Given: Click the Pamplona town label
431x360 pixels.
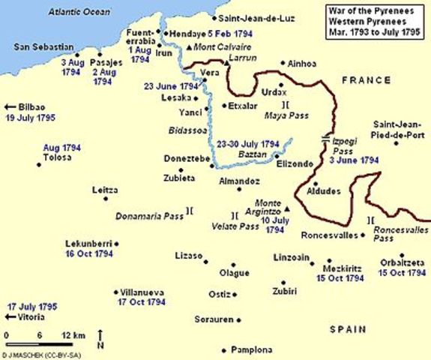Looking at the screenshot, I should (x=250, y=350).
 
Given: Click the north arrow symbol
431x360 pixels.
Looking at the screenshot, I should (x=101, y=337).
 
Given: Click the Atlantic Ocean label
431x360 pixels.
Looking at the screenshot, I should (x=79, y=13).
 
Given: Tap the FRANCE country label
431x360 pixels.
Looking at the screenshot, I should (x=365, y=79).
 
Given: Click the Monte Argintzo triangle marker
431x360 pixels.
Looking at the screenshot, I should (x=286, y=208).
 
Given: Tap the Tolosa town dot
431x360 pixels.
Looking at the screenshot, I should (x=38, y=166).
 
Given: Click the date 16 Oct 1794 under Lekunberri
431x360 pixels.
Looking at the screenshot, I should (x=88, y=253).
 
